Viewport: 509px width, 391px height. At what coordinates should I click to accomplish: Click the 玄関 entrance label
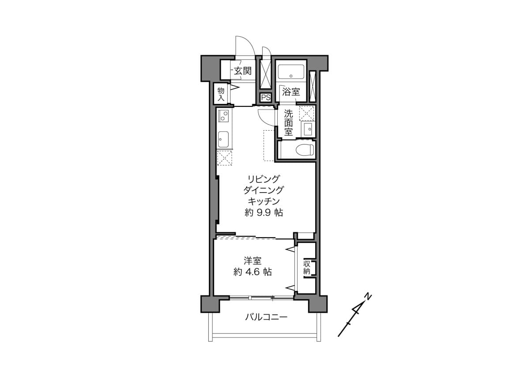pyautogui.click(x=243, y=71)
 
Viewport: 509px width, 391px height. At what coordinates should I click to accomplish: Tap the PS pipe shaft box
pyautogui.click(x=266, y=98)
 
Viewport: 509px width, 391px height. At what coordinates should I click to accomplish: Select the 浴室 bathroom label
pyautogui.click(x=291, y=91)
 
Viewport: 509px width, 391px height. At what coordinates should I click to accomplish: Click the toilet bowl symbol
pyautogui.click(x=305, y=150)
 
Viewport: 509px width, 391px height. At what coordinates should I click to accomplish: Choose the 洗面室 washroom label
pyautogui.click(x=288, y=123)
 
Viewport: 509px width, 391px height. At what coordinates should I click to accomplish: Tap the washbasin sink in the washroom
pyautogui.click(x=308, y=128)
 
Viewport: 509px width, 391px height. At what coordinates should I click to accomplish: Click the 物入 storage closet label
pyautogui.click(x=221, y=94)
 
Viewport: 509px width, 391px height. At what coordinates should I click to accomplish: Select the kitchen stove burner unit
pyautogui.click(x=223, y=115)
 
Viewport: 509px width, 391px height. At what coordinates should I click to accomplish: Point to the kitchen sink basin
pyautogui.click(x=224, y=139)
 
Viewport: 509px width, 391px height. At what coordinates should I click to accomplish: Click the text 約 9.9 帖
pyautogui.click(x=264, y=213)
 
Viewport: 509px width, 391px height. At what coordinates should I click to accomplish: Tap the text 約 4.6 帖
pyautogui.click(x=253, y=272)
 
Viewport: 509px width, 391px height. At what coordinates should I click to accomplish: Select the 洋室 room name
pyautogui.click(x=253, y=261)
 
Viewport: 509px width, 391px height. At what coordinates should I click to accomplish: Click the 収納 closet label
pyautogui.click(x=307, y=267)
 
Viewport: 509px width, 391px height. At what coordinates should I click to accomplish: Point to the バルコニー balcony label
pyautogui.click(x=266, y=317)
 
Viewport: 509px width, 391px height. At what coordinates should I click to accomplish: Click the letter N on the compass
pyautogui.click(x=367, y=296)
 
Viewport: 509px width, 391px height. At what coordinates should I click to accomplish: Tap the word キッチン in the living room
pyautogui.click(x=264, y=201)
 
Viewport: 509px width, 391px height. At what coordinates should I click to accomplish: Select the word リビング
pyautogui.click(x=264, y=178)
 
